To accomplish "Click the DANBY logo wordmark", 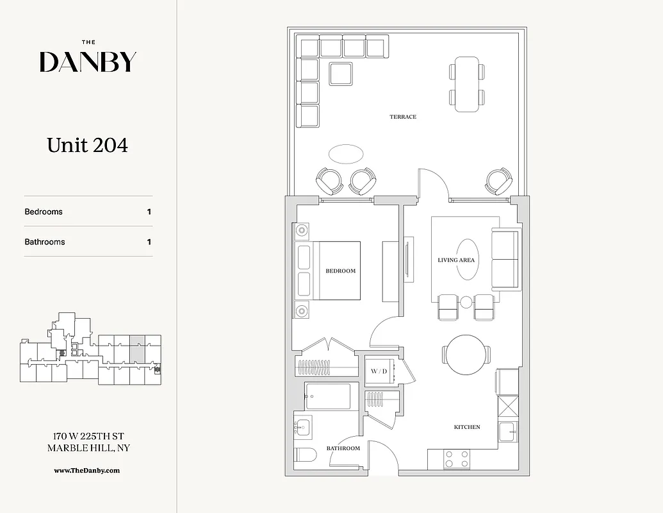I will click(88, 62).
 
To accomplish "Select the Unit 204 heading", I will click(87, 146).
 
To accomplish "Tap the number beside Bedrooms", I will click(149, 212).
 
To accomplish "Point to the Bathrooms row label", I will click(45, 242).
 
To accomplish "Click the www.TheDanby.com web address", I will click(86, 470).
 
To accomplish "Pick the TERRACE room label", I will click(403, 117).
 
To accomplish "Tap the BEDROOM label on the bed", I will click(340, 271).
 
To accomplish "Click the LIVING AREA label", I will click(456, 260).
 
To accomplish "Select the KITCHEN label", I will click(467, 426).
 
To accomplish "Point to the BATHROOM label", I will click(343, 448).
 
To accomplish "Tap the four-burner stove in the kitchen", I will click(457, 458).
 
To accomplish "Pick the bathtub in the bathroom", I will click(328, 396).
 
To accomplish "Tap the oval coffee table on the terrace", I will click(346, 154).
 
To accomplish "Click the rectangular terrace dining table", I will click(466, 84).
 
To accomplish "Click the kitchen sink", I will click(507, 432).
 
